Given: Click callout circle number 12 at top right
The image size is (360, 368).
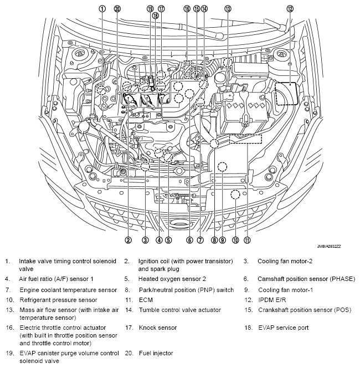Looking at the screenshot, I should tap(290, 8).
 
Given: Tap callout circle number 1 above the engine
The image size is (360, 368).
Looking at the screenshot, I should tap(102, 8).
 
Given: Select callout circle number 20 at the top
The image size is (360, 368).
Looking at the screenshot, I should tap(117, 8).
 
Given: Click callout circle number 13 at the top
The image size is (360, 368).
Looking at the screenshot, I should tap(228, 8).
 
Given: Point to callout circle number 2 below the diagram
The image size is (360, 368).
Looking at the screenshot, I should tap(128, 240).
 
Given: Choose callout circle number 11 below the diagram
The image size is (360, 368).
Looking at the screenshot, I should tap(247, 240).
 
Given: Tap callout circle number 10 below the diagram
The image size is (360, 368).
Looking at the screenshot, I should tap(235, 240).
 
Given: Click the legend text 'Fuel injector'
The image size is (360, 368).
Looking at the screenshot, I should tap(156, 353).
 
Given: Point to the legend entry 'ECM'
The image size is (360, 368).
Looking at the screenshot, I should tap(146, 300).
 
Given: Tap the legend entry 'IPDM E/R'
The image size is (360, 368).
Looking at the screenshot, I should tap(271, 300).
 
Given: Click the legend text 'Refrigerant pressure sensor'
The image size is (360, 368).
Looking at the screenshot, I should tap(58, 300).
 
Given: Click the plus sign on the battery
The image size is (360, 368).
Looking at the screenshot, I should tap(228, 95).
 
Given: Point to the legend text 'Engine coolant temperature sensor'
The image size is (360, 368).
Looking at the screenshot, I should tap(68, 290).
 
